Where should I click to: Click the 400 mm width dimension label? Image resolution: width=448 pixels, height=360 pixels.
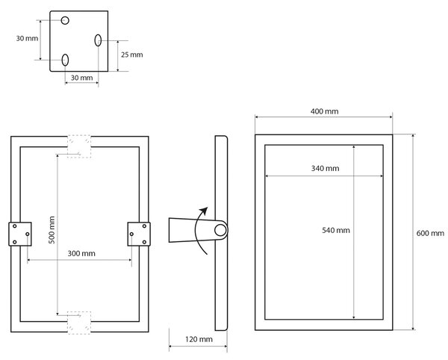click(x=324, y=111)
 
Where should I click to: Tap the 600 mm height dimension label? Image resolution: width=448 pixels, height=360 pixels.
click(x=430, y=233)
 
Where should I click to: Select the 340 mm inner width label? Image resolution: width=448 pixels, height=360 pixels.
click(x=325, y=168)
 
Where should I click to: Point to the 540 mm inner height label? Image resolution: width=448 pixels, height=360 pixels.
click(x=336, y=230)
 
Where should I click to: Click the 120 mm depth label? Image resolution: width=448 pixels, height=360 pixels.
click(x=199, y=339)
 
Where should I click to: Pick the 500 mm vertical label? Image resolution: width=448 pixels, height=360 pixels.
click(x=52, y=230)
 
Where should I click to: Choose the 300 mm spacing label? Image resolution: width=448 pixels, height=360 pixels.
click(x=81, y=253)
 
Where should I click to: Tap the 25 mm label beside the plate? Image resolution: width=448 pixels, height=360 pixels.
click(x=131, y=55)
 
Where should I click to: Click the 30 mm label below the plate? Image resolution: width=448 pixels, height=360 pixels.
click(x=81, y=78)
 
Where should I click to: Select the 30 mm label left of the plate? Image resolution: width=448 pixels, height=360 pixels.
click(x=27, y=38)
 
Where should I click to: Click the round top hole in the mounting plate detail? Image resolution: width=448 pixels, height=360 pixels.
click(x=65, y=20)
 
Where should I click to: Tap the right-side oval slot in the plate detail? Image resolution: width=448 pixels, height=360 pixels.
click(x=98, y=40)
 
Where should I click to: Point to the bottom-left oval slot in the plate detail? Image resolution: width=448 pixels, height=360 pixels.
click(x=65, y=60)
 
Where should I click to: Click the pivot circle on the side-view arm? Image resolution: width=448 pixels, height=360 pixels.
click(x=220, y=230)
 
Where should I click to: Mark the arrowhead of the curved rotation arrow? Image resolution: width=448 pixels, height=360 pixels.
click(x=204, y=211)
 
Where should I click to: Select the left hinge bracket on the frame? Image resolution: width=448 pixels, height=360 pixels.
click(x=20, y=234)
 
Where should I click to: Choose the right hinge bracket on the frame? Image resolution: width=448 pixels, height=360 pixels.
click(x=139, y=234)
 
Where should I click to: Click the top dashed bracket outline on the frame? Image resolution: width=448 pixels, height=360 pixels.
click(x=79, y=146)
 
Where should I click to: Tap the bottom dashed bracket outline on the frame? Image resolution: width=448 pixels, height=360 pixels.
click(x=79, y=323)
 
